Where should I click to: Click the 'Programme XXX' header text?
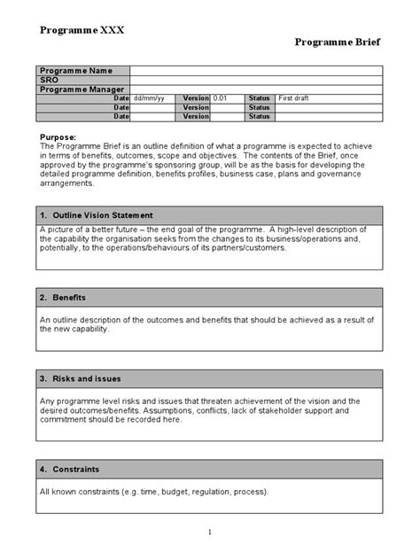tap(82, 30)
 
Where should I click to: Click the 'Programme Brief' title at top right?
tap(338, 42)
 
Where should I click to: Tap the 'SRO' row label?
tap(51, 79)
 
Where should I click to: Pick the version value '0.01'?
tap(222, 97)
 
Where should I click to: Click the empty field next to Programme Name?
tap(256, 70)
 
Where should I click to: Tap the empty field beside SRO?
tap(256, 79)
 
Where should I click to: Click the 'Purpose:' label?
tap(59, 136)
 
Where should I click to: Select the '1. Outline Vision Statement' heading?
tap(97, 215)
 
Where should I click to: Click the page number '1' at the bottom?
tap(210, 532)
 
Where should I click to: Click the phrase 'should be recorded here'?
tap(132, 420)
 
